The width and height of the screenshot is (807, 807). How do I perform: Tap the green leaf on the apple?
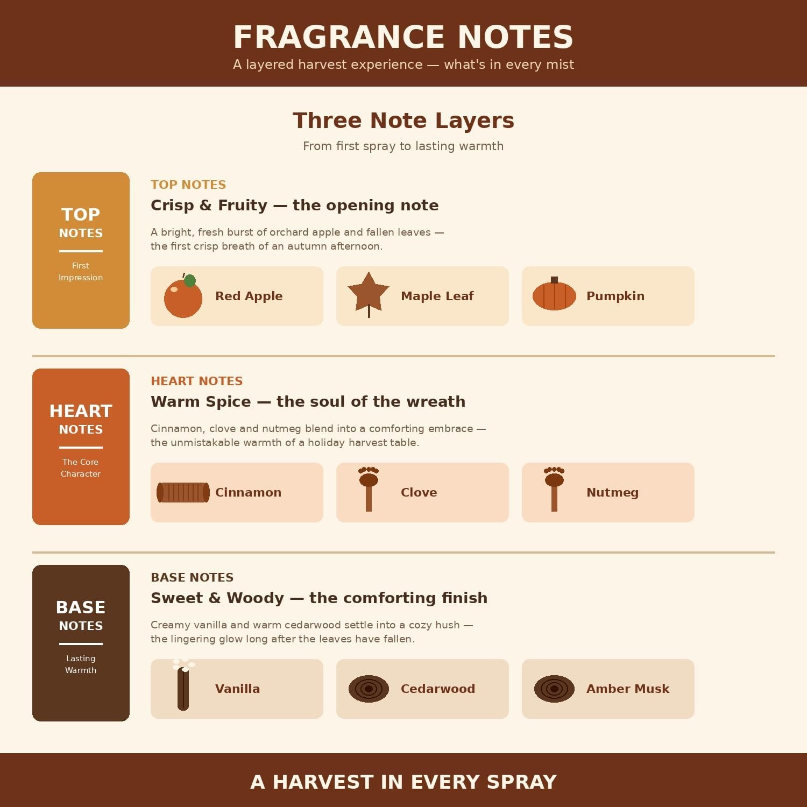tap(190, 280)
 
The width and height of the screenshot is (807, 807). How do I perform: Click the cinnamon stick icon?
tap(183, 492)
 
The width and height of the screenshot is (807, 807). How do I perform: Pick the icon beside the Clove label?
tap(369, 489)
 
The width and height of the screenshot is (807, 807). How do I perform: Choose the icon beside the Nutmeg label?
tap(554, 489)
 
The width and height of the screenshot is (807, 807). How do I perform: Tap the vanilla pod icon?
tap(183, 685)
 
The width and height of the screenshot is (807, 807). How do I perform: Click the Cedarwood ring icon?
tap(369, 689)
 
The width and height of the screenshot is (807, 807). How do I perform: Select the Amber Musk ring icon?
tap(554, 689)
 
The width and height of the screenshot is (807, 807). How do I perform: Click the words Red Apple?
tap(249, 296)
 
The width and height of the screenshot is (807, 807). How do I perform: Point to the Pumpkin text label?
tap(615, 296)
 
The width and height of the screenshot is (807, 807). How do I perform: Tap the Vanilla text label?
tap(237, 689)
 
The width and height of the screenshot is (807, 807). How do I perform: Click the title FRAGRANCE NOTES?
tap(403, 37)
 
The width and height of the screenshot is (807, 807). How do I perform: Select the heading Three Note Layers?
tap(403, 121)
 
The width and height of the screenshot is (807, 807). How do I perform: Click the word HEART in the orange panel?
tap(81, 411)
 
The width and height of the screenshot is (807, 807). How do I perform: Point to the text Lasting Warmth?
tap(81, 664)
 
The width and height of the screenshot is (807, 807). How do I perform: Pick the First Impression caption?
tap(81, 271)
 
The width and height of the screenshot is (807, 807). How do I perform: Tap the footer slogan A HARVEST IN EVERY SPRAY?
tap(403, 782)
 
